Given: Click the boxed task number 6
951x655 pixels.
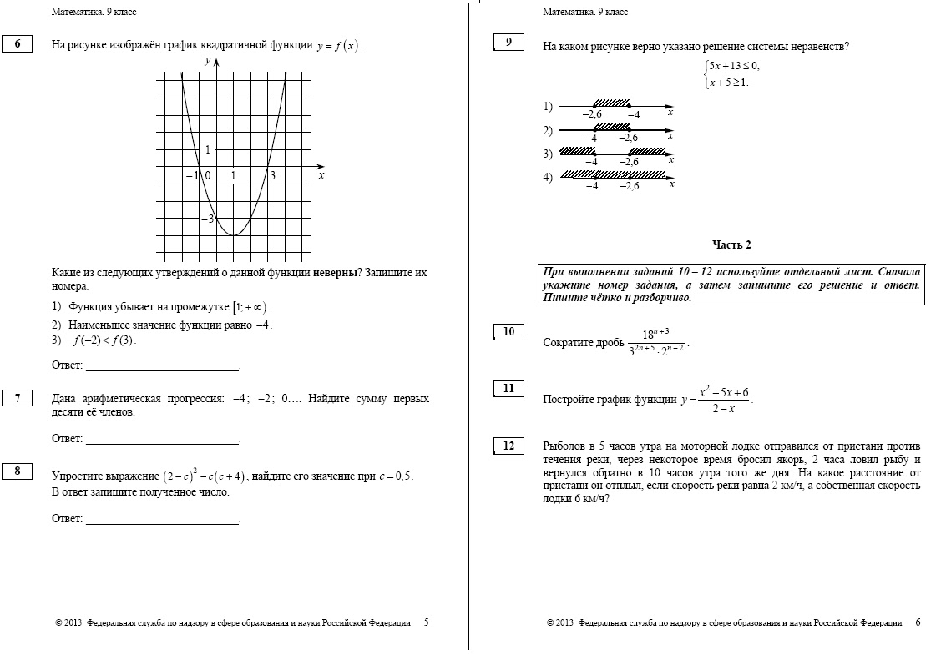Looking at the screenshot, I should [18, 44].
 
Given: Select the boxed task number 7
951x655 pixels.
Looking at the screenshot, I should [18, 398].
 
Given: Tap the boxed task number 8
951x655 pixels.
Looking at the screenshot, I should [18, 471].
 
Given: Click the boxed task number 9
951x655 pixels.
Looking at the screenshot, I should [508, 43].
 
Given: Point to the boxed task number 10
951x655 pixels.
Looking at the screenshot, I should [508, 332].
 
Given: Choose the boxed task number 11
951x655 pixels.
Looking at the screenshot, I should [508, 388].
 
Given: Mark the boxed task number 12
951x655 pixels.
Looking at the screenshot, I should [508, 446].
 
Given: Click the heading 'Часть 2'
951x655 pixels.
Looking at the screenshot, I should [731, 244].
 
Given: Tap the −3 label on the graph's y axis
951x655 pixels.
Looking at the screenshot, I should [207, 219].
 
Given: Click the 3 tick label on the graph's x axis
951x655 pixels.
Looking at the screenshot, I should [271, 176].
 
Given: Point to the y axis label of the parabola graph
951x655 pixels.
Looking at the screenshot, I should [207, 61].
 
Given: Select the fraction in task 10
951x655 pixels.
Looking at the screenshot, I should [655, 342].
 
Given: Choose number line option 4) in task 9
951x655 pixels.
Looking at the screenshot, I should [614, 177].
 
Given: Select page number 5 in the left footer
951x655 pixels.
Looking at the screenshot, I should [427, 622].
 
